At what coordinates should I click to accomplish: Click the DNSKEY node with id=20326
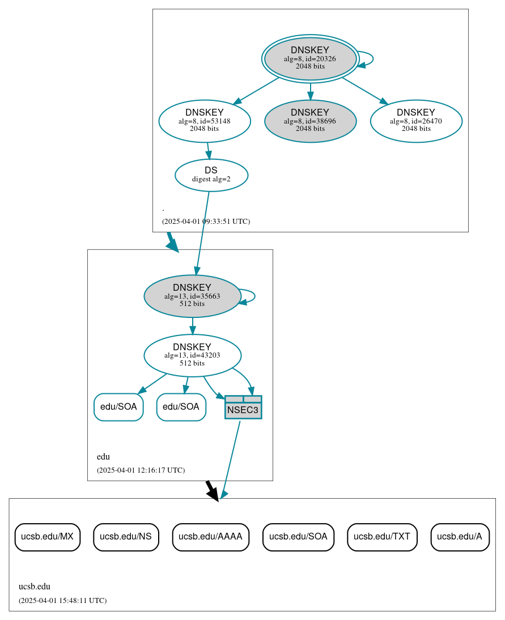[310, 58]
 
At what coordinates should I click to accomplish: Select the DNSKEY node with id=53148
[205, 121]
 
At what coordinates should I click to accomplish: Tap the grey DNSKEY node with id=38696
[310, 121]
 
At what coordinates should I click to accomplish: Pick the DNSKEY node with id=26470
[416, 121]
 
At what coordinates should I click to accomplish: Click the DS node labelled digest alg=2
[211, 175]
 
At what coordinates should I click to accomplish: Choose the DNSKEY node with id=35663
[192, 296]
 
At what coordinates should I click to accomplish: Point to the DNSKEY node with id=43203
[192, 355]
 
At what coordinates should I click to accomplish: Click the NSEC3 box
[243, 407]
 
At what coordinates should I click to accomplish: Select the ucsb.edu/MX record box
[48, 537]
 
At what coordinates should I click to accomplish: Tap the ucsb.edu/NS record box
[126, 537]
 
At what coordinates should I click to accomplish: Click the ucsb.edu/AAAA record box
[210, 537]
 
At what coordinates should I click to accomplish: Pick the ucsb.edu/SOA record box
[298, 537]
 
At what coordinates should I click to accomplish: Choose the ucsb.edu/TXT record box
[382, 537]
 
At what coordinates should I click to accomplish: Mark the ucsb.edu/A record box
[460, 537]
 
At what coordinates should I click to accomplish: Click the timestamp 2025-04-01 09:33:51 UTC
[206, 221]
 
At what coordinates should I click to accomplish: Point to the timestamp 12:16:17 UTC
[141, 470]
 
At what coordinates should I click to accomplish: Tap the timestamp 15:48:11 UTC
[62, 600]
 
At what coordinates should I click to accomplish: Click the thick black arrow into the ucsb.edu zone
[211, 491]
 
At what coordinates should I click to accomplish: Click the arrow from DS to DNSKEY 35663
[203, 232]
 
